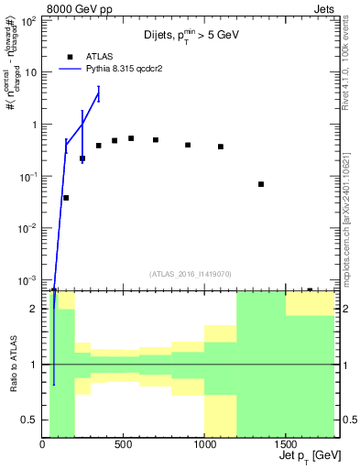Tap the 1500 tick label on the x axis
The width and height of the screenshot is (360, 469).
click(286, 444)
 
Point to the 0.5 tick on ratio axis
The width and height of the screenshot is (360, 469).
click(30, 420)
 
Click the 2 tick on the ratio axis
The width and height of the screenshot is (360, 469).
click(35, 309)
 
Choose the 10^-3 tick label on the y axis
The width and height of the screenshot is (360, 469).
click(27, 279)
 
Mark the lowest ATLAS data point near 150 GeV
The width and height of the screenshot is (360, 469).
click(66, 198)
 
